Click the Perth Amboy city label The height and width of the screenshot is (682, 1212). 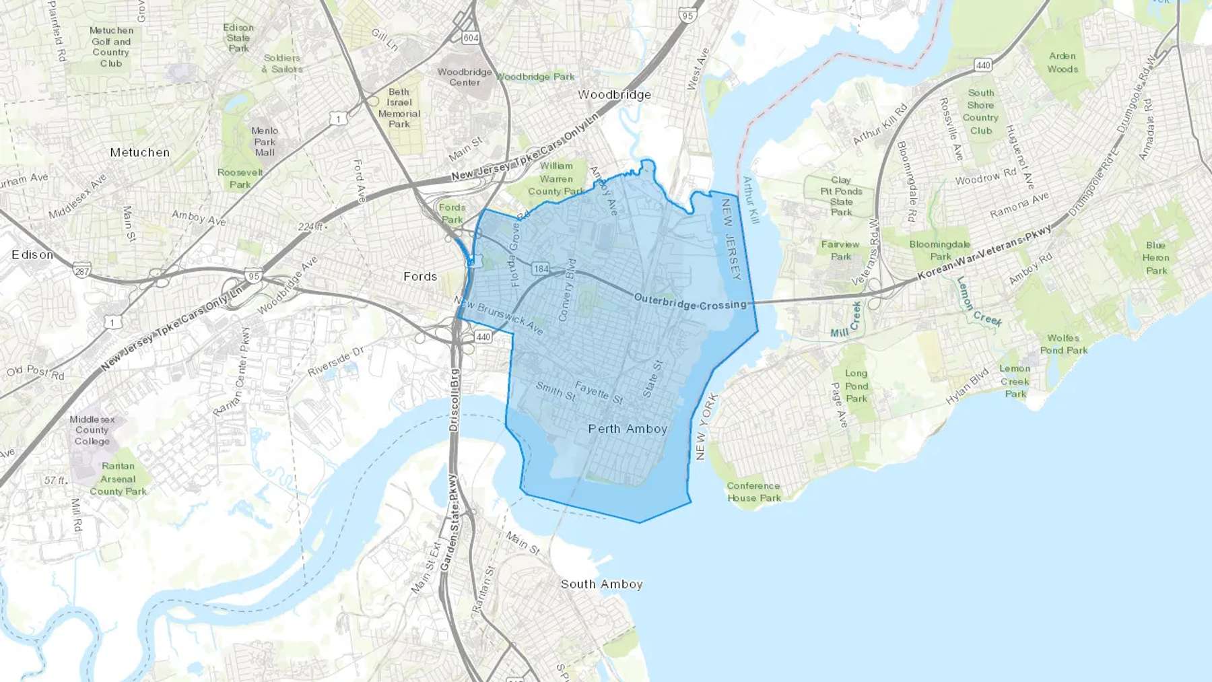(x=628, y=429)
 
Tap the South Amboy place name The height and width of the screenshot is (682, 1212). (x=601, y=584)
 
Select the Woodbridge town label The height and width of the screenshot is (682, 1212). (x=614, y=95)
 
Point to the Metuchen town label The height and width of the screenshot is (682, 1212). (x=140, y=153)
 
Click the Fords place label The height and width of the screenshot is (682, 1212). (x=420, y=277)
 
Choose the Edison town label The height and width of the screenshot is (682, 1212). (x=32, y=255)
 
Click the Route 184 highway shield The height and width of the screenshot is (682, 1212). (x=541, y=269)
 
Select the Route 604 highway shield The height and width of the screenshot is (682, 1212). (x=471, y=38)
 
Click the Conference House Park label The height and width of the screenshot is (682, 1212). (x=753, y=491)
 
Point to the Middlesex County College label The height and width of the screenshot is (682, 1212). (x=92, y=430)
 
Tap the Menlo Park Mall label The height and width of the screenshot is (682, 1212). (x=265, y=141)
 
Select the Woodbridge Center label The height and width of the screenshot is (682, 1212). (x=465, y=77)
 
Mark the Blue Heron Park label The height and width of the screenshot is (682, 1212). (x=1156, y=258)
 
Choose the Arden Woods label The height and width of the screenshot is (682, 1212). (x=1063, y=63)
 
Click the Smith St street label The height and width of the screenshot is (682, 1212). (x=555, y=391)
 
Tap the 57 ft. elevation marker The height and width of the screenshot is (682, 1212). (x=55, y=481)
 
